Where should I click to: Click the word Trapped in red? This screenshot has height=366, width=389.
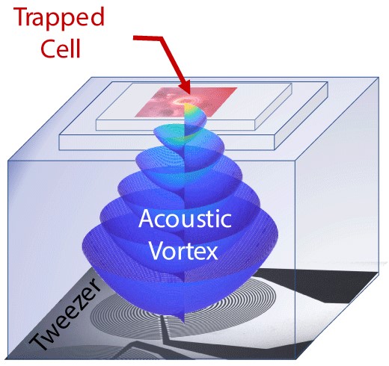coord(59,17)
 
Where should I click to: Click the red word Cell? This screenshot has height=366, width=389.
coord(61,49)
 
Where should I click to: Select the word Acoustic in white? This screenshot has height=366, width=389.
coord(185,219)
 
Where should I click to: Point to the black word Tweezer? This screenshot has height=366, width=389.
coord(65,314)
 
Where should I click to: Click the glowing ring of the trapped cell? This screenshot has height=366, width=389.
coord(185,100)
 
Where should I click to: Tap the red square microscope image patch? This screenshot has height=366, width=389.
coord(186,102)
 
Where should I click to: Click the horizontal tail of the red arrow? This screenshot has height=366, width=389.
coord(148,38)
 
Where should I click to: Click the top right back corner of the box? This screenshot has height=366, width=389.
coord(379,78)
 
